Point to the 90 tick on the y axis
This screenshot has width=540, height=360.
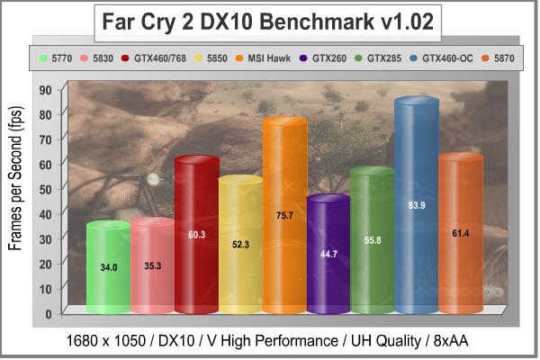click(x=44, y=89)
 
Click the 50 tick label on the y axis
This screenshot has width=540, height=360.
click(x=44, y=189)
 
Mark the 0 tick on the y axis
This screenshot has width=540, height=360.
click(x=47, y=314)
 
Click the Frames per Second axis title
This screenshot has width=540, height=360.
click(x=15, y=190)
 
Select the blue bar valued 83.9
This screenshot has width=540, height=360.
click(x=417, y=207)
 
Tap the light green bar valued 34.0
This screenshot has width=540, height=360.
click(x=108, y=268)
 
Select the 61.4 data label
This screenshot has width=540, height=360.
click(x=461, y=234)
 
